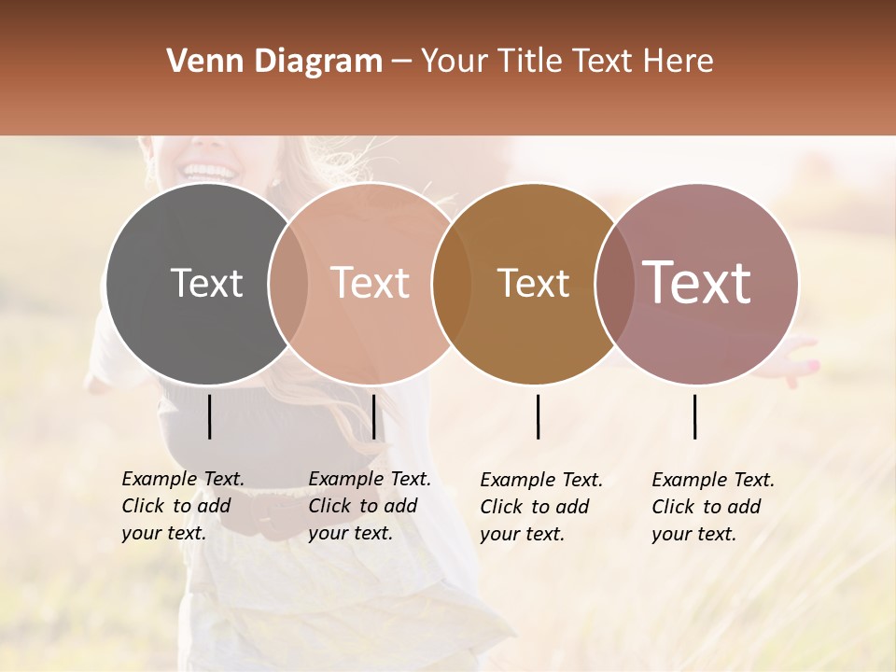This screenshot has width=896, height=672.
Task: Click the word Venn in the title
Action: [196, 62]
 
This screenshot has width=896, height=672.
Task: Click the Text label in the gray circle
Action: [206, 283]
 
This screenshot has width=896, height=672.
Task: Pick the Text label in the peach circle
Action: [371, 283]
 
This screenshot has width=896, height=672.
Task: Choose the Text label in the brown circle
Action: [533, 283]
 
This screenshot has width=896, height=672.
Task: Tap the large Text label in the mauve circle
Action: [697, 283]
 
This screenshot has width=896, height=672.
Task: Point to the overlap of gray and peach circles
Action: [287, 284]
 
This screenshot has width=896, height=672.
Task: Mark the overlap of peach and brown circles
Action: [451, 284]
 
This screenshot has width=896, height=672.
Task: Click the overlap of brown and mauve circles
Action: [613, 284]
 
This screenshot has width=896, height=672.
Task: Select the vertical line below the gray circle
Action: [209, 416]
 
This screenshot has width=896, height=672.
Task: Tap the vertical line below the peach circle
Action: [373, 416]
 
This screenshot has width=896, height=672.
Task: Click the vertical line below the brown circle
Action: [539, 416]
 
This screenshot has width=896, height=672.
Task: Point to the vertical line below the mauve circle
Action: [695, 416]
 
